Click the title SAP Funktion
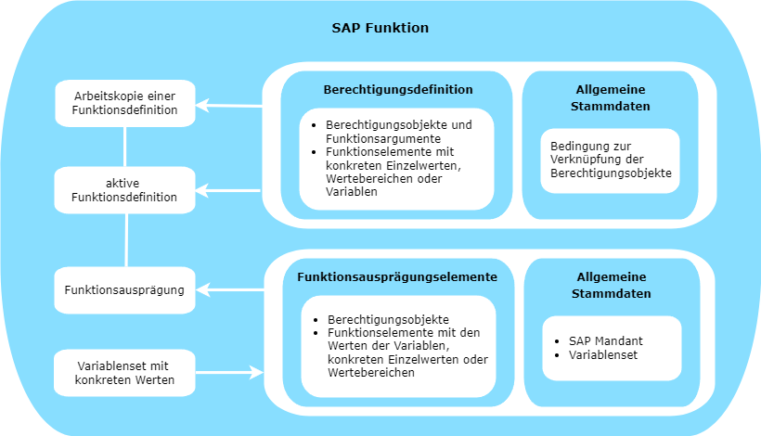coord(380,28)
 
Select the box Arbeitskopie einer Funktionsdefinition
coord(125,103)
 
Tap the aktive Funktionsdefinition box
coord(124,190)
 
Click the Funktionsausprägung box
coord(124,290)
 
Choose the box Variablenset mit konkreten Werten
coord(124,373)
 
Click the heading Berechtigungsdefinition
coord(398,90)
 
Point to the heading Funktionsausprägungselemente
coord(397,277)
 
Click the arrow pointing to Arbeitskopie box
coord(228,105)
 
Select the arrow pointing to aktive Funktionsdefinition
coord(228,190)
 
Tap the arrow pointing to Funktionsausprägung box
coord(229,290)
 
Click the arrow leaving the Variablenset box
coord(229,373)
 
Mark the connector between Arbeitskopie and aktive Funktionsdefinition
coord(125,147)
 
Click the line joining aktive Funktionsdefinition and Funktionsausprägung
coord(126,240)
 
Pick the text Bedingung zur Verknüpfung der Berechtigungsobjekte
coord(611,160)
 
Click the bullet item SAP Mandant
coord(606,341)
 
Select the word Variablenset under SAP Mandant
coord(603,355)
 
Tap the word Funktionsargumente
coord(383,139)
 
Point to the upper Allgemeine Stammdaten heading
coord(611,98)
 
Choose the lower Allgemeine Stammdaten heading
coord(612,285)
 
